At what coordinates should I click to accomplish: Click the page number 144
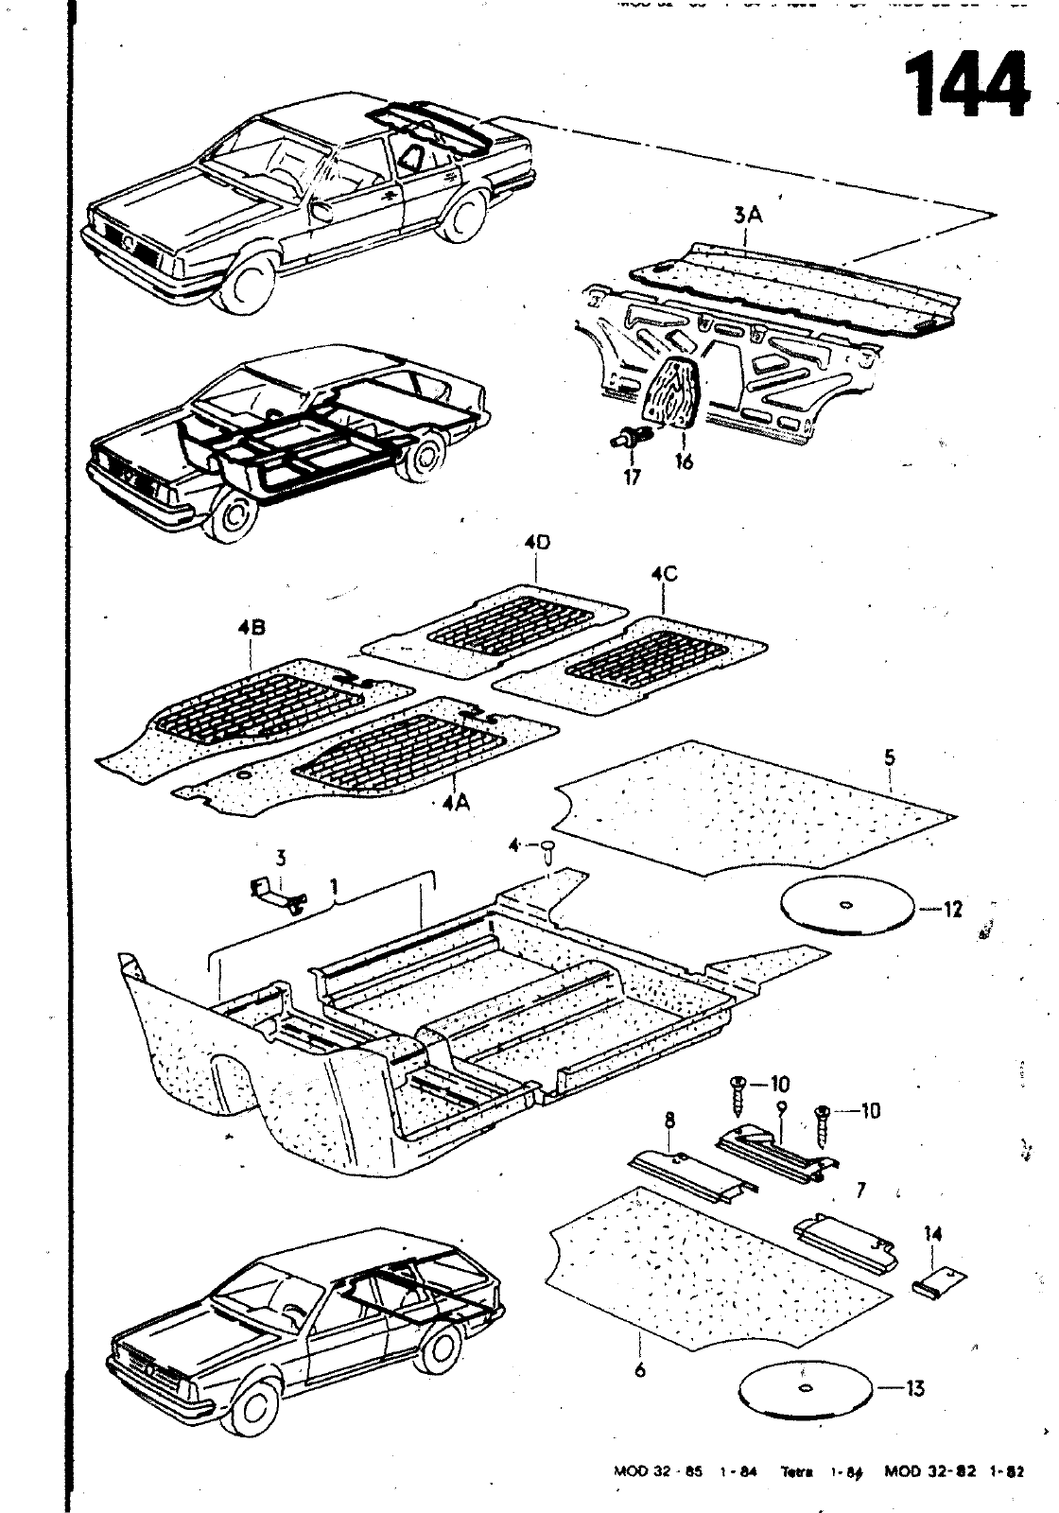pyautogui.click(x=965, y=85)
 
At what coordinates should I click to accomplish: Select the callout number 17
pyautogui.click(x=632, y=478)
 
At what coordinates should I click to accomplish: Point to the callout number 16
pyautogui.click(x=684, y=462)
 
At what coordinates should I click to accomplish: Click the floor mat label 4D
pyautogui.click(x=536, y=546)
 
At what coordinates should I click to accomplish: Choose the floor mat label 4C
pyautogui.click(x=664, y=574)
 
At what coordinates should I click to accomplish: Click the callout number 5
pyautogui.click(x=890, y=757)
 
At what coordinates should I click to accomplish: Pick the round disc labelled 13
pyautogui.click(x=804, y=1388)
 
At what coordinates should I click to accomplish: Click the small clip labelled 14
pyautogui.click(x=941, y=1283)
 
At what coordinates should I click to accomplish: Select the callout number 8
pyautogui.click(x=669, y=1121)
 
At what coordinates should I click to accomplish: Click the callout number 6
pyautogui.click(x=640, y=1368)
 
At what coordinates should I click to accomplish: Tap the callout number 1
pyautogui.click(x=333, y=886)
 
